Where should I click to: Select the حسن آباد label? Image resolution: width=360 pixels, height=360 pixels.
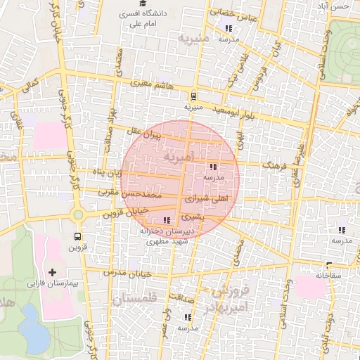click(x=340, y=6)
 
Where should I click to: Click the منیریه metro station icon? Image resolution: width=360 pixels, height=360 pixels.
click(x=193, y=96)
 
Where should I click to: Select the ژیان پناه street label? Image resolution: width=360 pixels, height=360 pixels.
click(x=109, y=172)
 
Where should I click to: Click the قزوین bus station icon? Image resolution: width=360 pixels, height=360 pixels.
click(x=77, y=236)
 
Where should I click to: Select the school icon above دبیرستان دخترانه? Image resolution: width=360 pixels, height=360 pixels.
click(x=166, y=220)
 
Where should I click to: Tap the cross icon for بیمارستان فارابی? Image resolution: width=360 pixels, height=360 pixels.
click(x=52, y=271)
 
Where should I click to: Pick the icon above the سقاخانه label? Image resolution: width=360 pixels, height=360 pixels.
click(x=328, y=265)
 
